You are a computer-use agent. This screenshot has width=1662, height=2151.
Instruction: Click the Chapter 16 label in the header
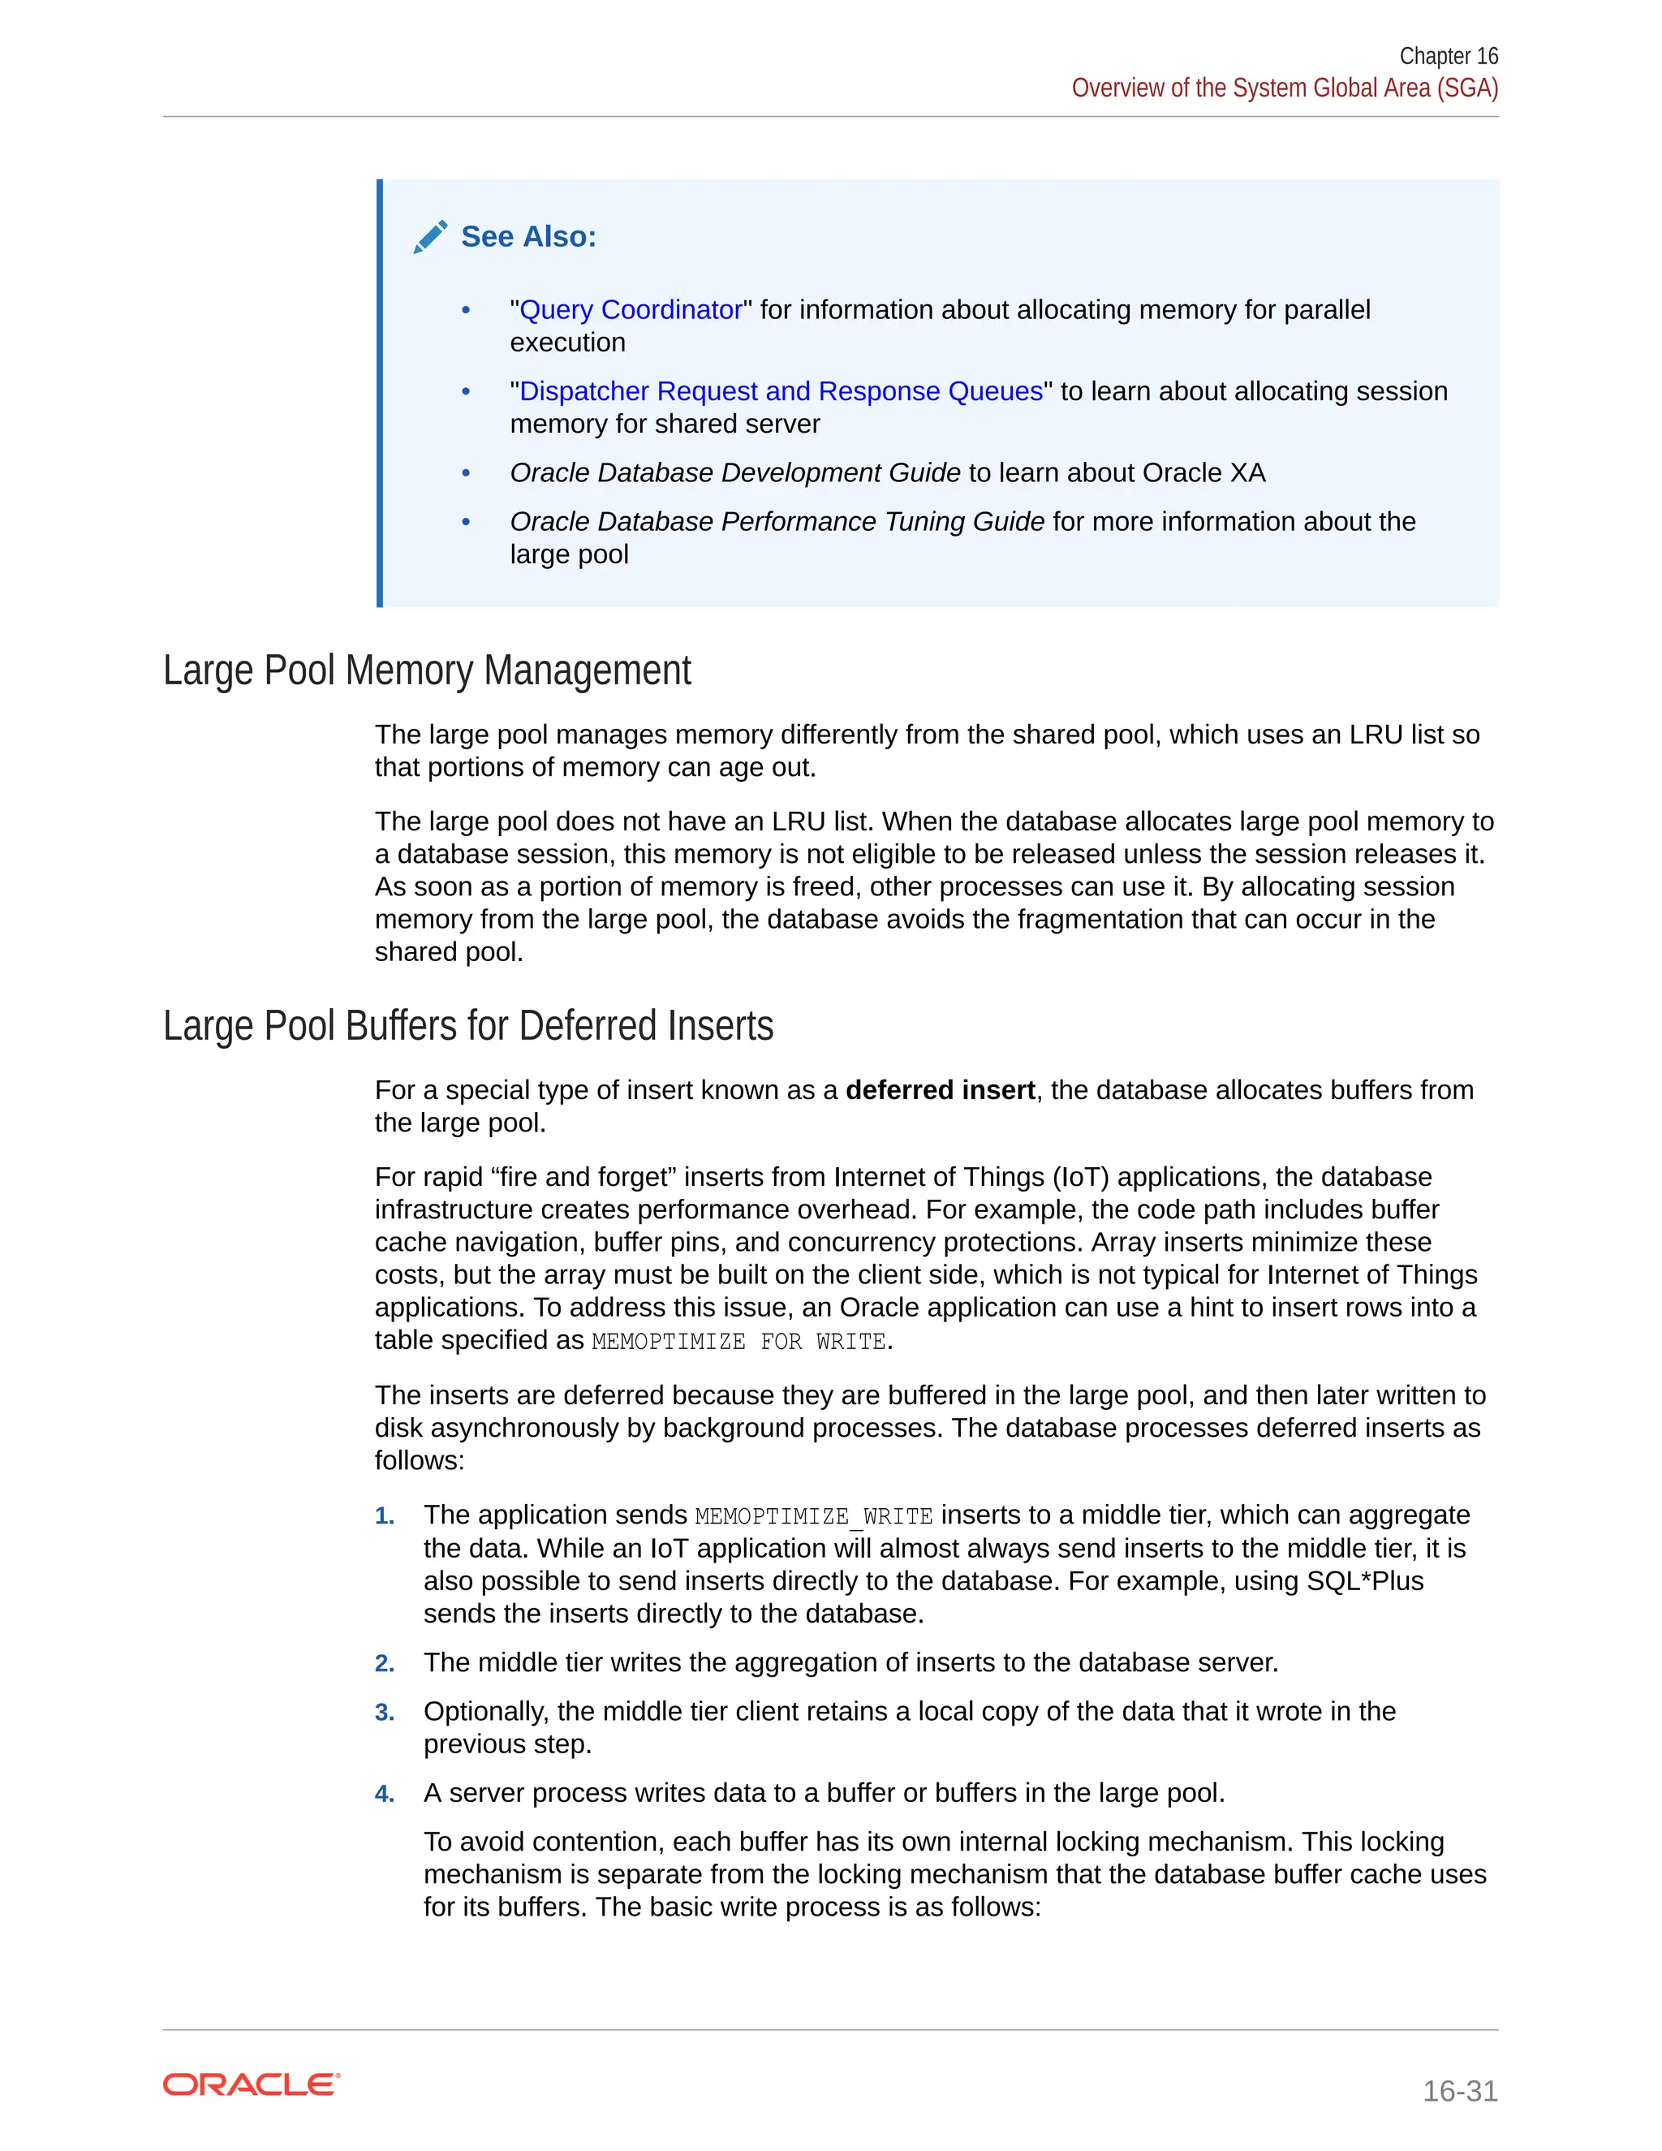1448,56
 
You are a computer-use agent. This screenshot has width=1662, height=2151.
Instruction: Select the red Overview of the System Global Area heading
1284,88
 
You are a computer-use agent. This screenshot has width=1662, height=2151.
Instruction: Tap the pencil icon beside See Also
430,237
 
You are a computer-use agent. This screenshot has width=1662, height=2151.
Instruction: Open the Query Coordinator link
630,310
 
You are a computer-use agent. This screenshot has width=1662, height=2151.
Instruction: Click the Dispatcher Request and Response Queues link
780,392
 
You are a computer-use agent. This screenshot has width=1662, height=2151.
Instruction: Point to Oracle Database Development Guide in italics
734,474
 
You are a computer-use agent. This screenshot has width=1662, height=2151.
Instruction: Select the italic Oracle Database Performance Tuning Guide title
776,522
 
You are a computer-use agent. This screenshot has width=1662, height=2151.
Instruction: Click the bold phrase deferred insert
939,1090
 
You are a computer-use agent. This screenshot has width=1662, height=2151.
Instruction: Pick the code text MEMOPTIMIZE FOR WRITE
738,1342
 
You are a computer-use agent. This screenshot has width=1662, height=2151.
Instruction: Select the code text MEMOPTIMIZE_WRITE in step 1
813,1517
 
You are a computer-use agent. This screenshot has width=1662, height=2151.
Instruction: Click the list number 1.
384,1517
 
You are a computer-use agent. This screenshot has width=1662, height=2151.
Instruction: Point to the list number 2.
384,1663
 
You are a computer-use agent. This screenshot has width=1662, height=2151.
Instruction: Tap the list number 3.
384,1713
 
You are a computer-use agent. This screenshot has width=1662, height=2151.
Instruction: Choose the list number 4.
384,1795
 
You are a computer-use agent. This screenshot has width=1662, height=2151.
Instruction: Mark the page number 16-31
1459,2090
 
